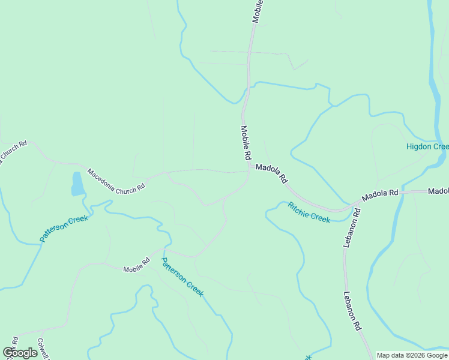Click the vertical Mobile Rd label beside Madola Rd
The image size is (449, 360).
246,142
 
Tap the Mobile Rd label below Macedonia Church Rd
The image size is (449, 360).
136,265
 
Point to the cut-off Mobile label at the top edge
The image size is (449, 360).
258,11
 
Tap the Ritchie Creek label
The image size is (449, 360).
309,212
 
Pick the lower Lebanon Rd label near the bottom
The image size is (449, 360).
352,311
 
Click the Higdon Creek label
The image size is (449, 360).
427,146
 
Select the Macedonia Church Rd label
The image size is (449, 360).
116,179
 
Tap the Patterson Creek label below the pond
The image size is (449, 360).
64,228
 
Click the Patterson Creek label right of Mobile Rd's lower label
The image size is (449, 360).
182,276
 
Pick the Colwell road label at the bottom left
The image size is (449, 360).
43,348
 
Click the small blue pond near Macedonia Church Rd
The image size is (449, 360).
77,184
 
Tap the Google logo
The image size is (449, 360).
20,353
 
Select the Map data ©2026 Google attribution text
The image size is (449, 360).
412,355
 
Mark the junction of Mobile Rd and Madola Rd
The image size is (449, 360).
249,169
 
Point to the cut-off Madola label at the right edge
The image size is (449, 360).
438,191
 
